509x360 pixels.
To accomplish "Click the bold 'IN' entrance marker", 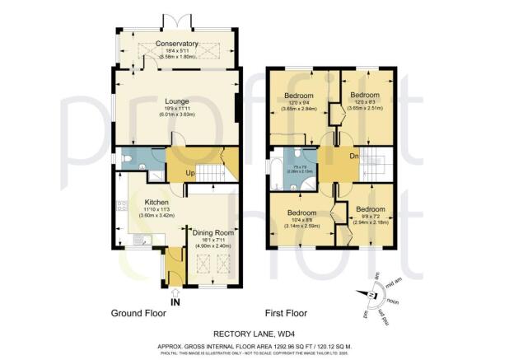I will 175,302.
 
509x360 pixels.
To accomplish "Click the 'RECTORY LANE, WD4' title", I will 254,333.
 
